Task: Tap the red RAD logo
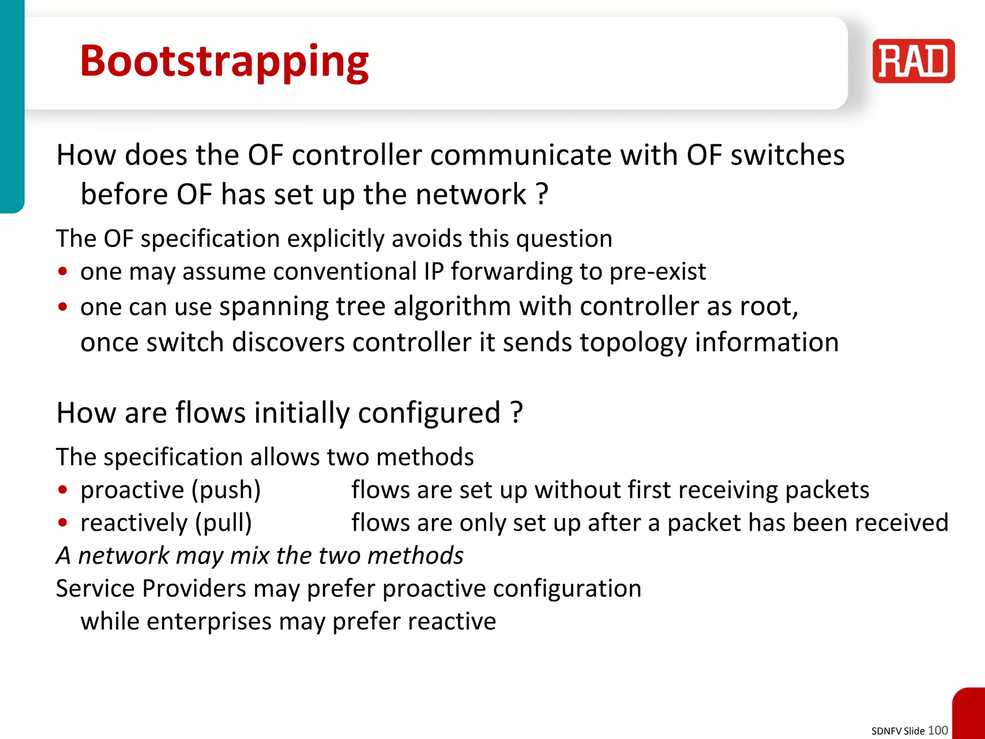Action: point(913,61)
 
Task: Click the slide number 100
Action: point(937,730)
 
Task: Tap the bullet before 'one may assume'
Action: point(63,271)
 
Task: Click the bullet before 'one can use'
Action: point(63,306)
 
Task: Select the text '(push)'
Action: point(226,490)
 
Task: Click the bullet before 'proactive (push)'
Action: point(63,490)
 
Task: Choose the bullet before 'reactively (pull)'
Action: point(63,522)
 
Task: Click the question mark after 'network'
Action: point(542,194)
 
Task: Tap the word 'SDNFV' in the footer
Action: point(886,731)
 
